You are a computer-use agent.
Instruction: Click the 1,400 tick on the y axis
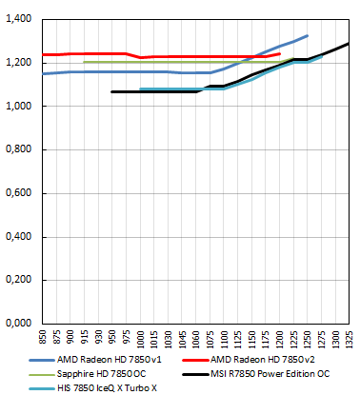coord(19,19)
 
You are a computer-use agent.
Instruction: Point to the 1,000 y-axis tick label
coord(19,107)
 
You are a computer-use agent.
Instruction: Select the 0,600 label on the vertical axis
coord(19,193)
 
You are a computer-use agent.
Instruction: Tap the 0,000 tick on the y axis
coord(19,324)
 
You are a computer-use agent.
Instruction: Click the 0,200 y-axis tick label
coord(19,280)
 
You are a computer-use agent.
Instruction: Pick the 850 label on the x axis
coord(43,339)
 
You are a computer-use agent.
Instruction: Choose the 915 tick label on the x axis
coord(85,339)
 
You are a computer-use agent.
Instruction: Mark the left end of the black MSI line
coord(112,91)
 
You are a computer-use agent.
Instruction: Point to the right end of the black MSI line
coord(350,43)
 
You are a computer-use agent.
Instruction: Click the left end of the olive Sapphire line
coord(85,62)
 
